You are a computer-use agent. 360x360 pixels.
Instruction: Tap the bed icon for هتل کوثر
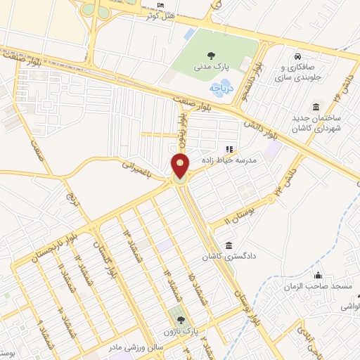pyautogui.click(x=162, y=6)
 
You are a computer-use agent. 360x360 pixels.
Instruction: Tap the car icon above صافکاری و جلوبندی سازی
pyautogui.click(x=298, y=56)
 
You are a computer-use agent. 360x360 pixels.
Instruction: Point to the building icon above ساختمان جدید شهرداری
pyautogui.click(x=315, y=107)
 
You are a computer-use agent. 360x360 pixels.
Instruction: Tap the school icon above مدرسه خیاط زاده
pyautogui.click(x=229, y=148)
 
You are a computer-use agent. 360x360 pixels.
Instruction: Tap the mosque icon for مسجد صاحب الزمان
pyautogui.click(x=319, y=276)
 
